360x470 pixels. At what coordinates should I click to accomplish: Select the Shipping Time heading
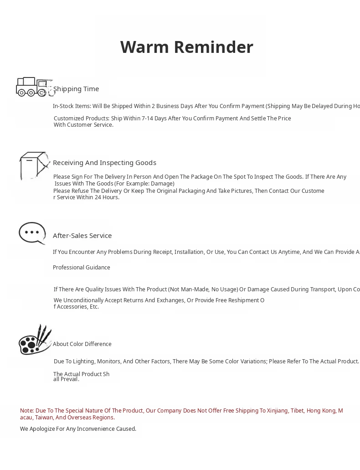(x=76, y=89)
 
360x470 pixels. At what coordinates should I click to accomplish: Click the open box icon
(x=34, y=165)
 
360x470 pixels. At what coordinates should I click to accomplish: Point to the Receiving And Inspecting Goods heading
(x=104, y=163)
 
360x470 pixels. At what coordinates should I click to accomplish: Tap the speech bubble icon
(x=32, y=233)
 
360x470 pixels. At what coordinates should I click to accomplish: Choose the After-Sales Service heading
(x=82, y=236)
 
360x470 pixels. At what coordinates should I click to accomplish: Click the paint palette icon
(x=35, y=340)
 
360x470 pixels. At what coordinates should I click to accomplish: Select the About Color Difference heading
(x=82, y=344)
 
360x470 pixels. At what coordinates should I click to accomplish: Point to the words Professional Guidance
(x=81, y=268)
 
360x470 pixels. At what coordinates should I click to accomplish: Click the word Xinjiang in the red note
(x=273, y=411)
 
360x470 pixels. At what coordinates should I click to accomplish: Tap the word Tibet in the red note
(x=297, y=411)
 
